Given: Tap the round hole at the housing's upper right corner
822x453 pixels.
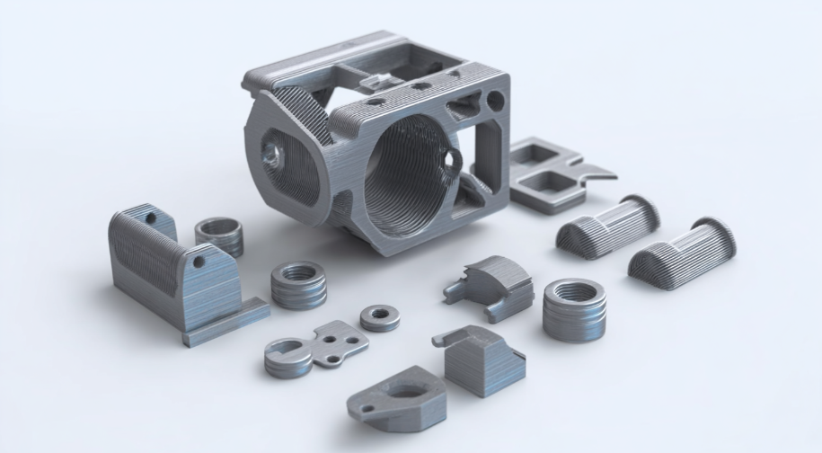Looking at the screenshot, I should (x=494, y=99).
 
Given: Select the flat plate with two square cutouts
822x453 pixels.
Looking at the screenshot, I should (x=548, y=174).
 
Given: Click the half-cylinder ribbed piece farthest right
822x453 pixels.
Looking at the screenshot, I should (x=682, y=248).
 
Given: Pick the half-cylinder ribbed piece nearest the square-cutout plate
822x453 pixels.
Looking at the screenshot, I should (x=608, y=224).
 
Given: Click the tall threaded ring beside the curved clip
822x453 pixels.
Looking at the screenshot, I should (x=574, y=307).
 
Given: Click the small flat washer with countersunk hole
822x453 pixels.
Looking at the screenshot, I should (x=378, y=316).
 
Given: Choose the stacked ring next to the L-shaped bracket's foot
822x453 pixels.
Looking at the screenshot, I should (x=298, y=285).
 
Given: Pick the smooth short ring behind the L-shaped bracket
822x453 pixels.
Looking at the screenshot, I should (x=219, y=236).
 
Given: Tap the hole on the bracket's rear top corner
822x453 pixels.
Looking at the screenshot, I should (x=151, y=218).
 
